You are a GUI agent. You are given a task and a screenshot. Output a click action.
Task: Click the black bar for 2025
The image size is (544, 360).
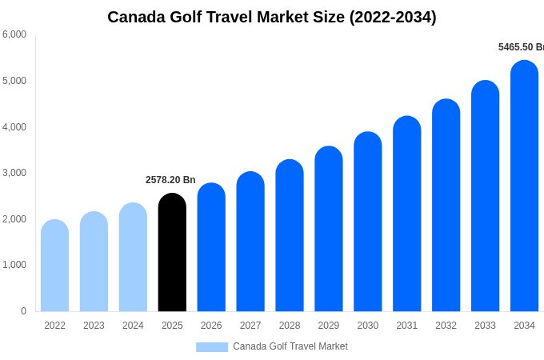tap(172, 253)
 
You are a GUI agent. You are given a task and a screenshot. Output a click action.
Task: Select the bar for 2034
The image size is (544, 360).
tap(524, 186)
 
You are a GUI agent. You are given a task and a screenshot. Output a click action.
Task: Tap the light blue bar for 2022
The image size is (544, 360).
tap(54, 266)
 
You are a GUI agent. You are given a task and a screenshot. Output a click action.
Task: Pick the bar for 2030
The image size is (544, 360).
tap(368, 222)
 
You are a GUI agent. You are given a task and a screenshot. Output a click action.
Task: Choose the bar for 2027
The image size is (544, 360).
tap(250, 242)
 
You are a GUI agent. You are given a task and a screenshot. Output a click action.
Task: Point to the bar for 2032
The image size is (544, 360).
tap(446, 206)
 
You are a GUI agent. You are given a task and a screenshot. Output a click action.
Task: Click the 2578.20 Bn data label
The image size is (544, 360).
tap(170, 180)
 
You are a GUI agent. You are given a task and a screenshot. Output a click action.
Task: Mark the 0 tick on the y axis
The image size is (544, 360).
tap(23, 311)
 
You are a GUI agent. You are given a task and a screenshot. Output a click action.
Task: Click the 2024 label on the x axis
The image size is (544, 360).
tap(133, 326)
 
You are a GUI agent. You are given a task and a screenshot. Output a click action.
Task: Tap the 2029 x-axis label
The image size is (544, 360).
tap(329, 326)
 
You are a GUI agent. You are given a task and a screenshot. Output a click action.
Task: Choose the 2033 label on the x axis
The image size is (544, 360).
tap(485, 326)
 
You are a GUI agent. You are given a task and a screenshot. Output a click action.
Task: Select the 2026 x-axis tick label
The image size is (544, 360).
tap(211, 326)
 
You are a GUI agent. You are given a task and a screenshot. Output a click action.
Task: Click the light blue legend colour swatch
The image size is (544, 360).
tap(212, 347)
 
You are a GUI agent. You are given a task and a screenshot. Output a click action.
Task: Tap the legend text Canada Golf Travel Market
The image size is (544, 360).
tap(290, 346)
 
